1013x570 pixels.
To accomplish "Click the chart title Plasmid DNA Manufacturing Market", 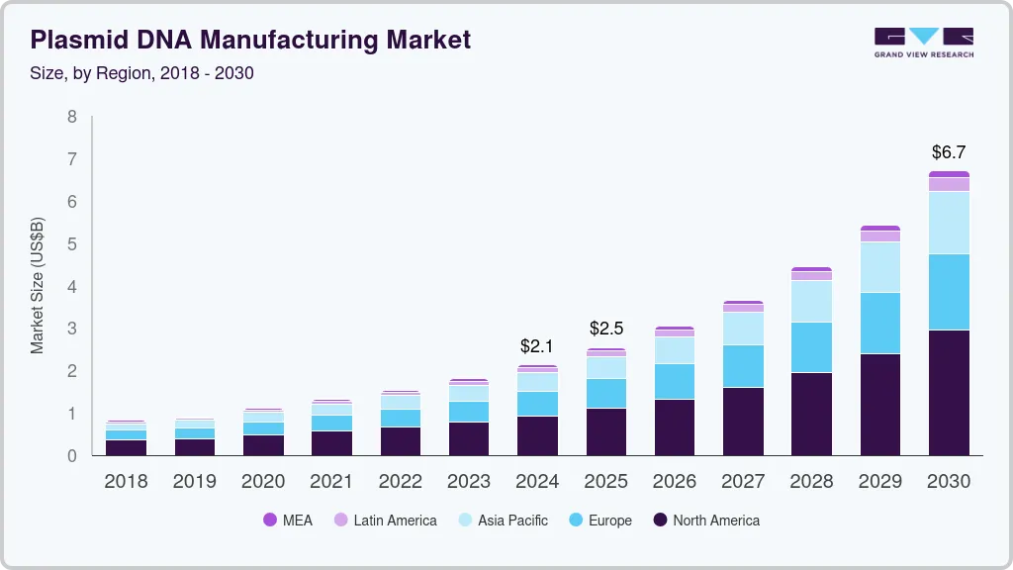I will click(x=250, y=40).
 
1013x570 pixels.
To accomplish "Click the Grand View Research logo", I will click(x=923, y=43).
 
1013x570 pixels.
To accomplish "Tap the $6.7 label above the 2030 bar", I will click(x=949, y=152).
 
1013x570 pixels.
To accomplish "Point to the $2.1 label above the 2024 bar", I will click(x=537, y=347).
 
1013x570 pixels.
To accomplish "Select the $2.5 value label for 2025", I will click(x=605, y=329).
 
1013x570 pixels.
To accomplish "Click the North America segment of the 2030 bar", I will click(x=949, y=392).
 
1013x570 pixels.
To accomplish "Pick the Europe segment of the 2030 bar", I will click(x=949, y=292).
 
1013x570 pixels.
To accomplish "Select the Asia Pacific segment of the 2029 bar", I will click(x=880, y=267).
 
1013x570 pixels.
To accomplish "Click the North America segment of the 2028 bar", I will click(x=811, y=414).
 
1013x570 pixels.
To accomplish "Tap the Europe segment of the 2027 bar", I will click(x=743, y=366).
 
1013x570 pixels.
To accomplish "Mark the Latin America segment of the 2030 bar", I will click(x=949, y=184).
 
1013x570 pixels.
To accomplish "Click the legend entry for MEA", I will click(x=287, y=520).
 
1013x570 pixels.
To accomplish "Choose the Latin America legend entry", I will click(x=385, y=520).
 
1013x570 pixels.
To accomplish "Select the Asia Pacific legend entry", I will click(x=502, y=520).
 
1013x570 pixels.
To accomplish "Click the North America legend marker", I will click(x=660, y=520).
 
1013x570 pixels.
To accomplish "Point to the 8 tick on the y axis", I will click(x=71, y=117).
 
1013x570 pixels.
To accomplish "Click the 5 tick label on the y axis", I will click(x=71, y=244).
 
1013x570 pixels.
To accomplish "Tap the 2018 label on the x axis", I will click(x=126, y=482).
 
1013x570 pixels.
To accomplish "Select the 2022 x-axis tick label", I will click(x=400, y=482).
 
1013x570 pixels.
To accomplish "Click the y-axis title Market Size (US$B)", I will click(x=38, y=285).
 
